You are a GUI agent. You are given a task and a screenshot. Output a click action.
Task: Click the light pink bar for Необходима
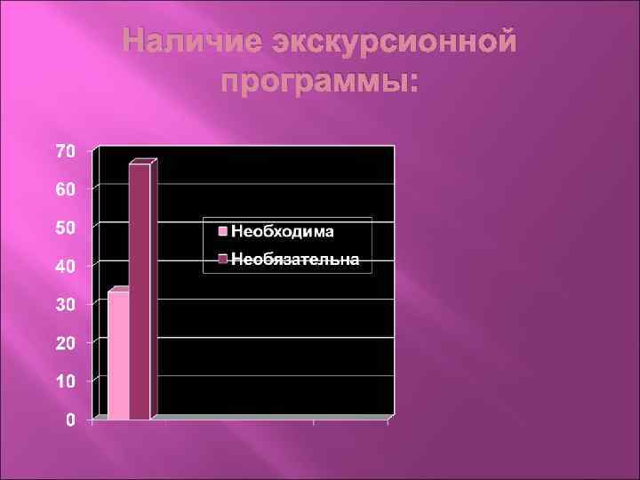[x=118, y=355]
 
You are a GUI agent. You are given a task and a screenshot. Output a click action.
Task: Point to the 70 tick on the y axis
[x=66, y=151]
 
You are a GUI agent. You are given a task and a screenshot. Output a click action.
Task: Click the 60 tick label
[x=66, y=189]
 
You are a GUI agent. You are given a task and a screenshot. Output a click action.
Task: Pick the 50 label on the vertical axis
[x=66, y=228]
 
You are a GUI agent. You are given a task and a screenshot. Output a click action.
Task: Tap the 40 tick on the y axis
[x=66, y=266]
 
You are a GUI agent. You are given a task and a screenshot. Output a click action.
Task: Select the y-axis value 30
[x=66, y=304]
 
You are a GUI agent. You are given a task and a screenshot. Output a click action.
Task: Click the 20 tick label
[x=66, y=342]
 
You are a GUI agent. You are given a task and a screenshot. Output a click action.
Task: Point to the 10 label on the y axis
[x=66, y=380]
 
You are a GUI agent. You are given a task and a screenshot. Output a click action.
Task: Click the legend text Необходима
[x=283, y=232]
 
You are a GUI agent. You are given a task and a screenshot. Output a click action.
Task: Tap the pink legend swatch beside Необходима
[x=223, y=232]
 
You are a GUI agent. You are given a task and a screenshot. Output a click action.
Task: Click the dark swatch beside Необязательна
[x=223, y=260]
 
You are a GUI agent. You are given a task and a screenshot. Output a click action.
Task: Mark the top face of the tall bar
[x=142, y=163]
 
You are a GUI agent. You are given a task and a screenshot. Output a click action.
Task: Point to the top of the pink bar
[x=120, y=290]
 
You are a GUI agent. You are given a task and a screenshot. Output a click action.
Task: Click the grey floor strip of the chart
[x=267, y=416]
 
